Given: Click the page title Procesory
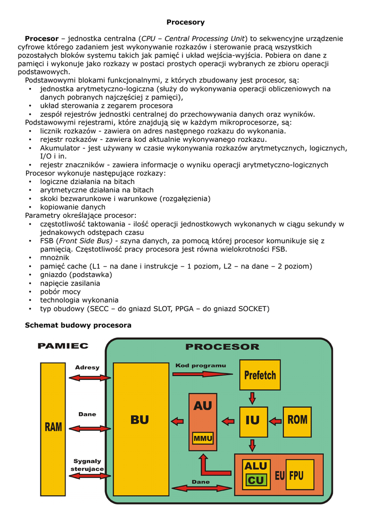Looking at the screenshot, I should coord(186,22).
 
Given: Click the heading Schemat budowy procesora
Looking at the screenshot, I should coord(78,325).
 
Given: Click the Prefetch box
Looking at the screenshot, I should coord(260,375).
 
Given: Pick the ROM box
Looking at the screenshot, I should coord(297,421).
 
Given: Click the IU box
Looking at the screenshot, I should coord(253,421).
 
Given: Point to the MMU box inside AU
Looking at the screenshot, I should coord(203,438).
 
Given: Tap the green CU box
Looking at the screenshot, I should coord(256,480).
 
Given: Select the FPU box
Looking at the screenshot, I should coord(296,476).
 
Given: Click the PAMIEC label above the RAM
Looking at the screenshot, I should coord(63,346).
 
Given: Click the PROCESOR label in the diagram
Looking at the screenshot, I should coord(222,347).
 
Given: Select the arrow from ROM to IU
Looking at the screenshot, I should coord(275,421).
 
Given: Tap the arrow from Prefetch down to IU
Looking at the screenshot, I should coord(253,398).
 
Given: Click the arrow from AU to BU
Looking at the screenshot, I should coord(177,421).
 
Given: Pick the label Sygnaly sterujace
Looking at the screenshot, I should coord(87,465).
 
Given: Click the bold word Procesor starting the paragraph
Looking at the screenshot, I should coord(42,39).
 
